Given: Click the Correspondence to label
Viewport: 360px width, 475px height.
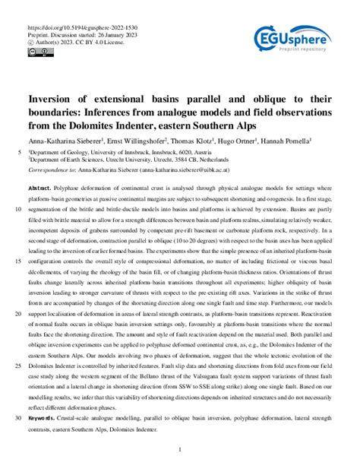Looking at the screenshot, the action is pyautogui.click(x=52, y=170).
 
